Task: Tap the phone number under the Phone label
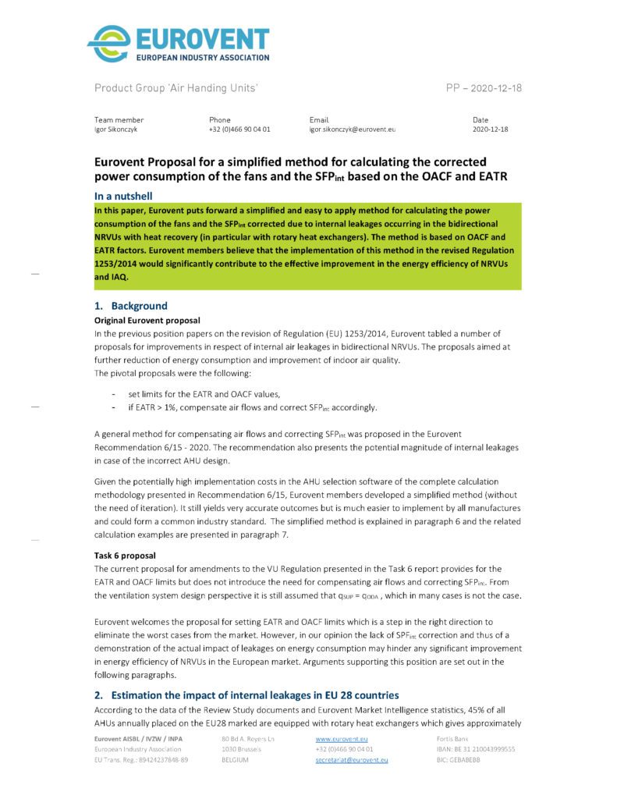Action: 239,129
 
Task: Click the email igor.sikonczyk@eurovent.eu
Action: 353,129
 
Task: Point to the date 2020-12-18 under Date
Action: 490,129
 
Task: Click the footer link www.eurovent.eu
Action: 342,737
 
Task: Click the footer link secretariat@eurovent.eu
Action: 352,759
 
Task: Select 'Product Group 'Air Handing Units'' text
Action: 176,88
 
